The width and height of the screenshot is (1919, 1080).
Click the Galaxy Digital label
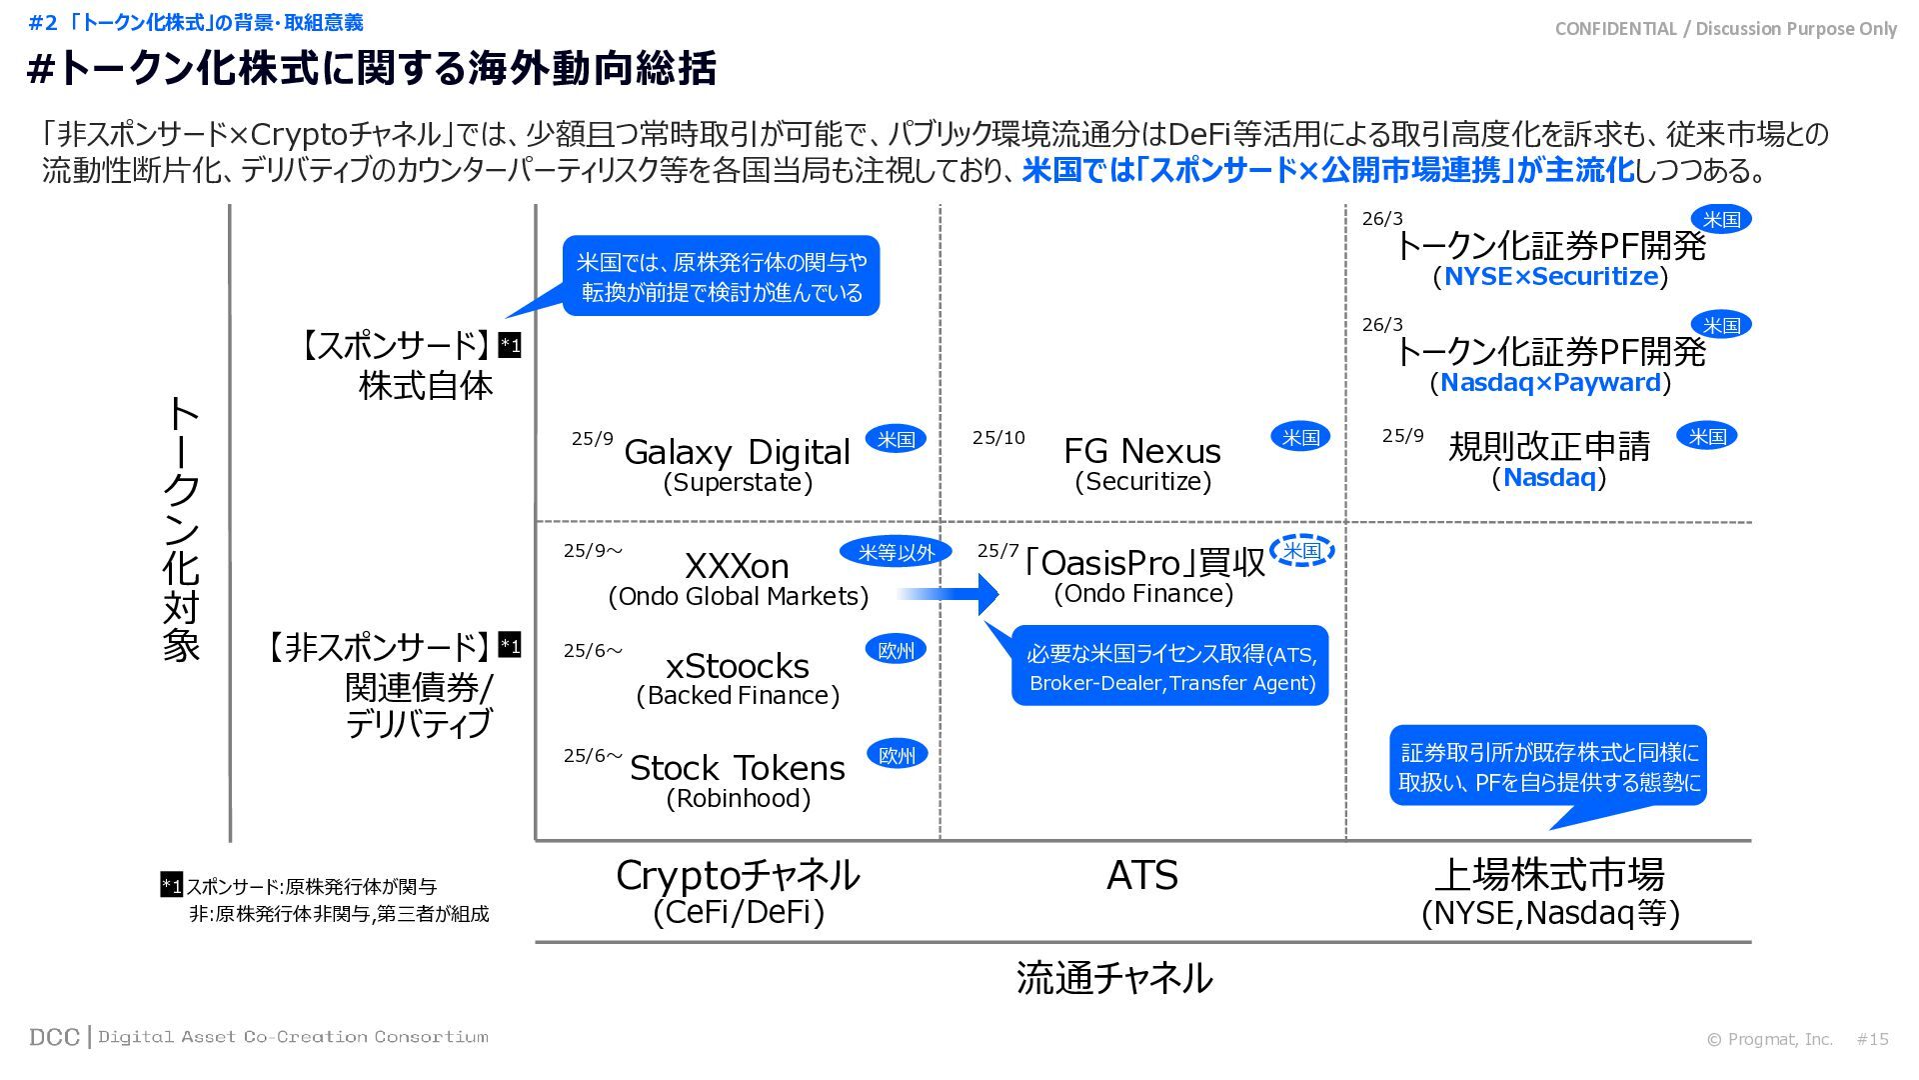coord(737,452)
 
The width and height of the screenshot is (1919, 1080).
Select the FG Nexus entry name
coord(1142,451)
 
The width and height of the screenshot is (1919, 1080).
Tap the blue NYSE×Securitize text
coord(1550,277)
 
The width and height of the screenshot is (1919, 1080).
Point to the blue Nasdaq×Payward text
coord(1550,383)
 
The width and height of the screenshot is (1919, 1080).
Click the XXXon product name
coord(737,566)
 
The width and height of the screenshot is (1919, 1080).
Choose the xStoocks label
coord(737,666)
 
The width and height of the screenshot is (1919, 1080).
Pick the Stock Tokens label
coord(737,768)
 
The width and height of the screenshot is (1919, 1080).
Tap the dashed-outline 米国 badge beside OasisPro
coord(1301,551)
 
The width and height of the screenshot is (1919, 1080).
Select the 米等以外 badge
coord(896,552)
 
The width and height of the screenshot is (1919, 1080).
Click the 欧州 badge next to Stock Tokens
coord(896,755)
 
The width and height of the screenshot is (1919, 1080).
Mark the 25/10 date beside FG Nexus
coord(998,438)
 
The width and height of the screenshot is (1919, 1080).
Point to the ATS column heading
coord(1142,876)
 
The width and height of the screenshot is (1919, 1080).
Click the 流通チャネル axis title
coord(1113,978)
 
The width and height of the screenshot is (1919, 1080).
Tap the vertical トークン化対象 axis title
coord(182,530)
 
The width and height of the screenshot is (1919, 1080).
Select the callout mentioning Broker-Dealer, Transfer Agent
coord(1170,666)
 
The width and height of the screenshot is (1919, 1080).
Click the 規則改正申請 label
coord(1549,446)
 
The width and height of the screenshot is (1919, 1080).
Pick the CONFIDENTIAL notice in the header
coord(1725,29)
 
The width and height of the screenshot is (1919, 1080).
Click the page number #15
coord(1872,1039)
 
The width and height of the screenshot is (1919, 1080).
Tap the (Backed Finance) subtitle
coord(738,696)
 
